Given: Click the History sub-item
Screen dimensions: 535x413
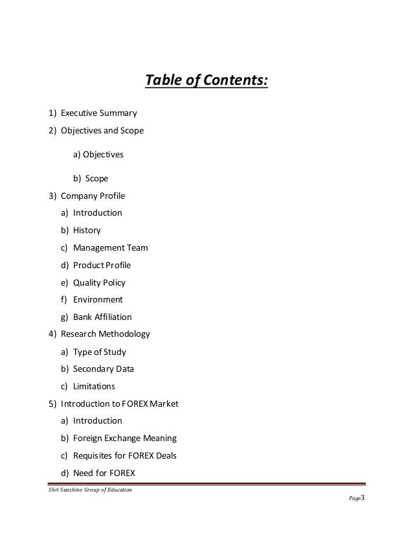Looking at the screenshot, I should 87,230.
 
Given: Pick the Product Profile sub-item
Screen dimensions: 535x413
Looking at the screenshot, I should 102,265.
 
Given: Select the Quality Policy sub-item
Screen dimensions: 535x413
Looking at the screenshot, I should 99,282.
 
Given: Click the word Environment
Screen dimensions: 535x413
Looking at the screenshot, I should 98,300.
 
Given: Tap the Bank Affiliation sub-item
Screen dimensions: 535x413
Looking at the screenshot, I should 102,317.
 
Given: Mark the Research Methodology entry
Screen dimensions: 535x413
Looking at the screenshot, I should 105,334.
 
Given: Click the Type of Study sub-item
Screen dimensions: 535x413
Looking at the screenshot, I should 99,352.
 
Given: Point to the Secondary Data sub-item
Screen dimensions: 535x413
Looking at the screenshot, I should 103,369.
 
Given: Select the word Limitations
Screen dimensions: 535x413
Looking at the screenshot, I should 94,387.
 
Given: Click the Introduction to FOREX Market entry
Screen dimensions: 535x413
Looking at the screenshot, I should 119,404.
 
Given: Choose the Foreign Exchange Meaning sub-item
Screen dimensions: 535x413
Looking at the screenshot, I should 124,438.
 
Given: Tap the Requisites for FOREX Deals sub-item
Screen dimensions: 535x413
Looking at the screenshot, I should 124,455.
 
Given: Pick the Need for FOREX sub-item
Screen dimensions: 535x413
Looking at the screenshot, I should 104,473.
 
